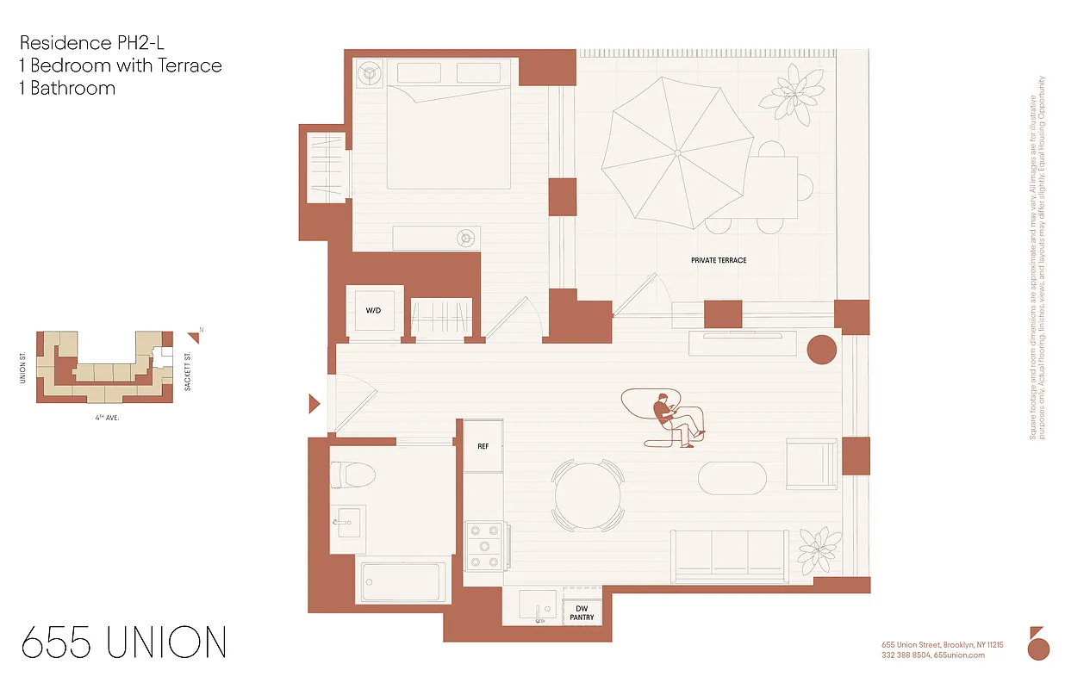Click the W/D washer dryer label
(374, 310)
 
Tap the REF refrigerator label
(483, 447)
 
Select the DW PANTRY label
(582, 612)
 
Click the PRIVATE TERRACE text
(719, 260)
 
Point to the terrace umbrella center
(677, 152)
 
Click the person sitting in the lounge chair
(672, 420)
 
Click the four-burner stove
(484, 546)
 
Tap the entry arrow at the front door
(315, 403)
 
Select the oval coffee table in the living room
(732, 479)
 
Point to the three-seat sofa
(730, 553)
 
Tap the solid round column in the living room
(821, 349)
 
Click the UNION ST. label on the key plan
(24, 367)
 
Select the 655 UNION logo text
(123, 643)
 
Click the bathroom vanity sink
(348, 522)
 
